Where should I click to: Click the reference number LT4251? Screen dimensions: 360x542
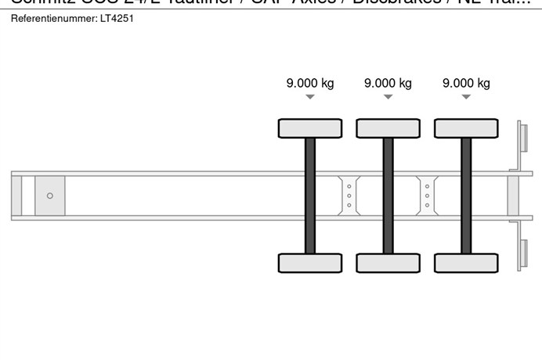click(x=117, y=18)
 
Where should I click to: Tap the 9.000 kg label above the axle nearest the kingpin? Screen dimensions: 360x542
click(x=310, y=83)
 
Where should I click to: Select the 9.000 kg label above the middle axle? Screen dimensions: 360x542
click(x=388, y=83)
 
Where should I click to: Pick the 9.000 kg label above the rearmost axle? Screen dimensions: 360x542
click(x=466, y=83)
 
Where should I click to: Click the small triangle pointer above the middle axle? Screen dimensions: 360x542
click(x=388, y=97)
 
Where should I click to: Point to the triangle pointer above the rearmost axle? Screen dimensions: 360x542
click(x=466, y=97)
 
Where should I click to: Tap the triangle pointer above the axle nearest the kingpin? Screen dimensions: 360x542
click(x=310, y=97)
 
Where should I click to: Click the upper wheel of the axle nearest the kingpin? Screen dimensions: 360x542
click(x=310, y=128)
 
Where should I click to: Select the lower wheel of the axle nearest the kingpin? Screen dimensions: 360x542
click(x=310, y=263)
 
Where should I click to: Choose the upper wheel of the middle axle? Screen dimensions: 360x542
click(x=388, y=128)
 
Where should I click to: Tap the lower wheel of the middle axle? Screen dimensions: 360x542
click(x=388, y=263)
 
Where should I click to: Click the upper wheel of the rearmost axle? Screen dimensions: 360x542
click(x=466, y=128)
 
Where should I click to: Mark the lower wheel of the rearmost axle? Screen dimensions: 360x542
click(x=466, y=263)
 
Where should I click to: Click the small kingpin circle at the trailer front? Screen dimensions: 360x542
click(x=50, y=196)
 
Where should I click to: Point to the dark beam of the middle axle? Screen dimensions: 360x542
click(x=388, y=196)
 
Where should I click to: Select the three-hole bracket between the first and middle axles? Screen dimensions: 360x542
click(x=349, y=195)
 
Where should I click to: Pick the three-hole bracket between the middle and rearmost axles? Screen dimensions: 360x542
click(x=427, y=195)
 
